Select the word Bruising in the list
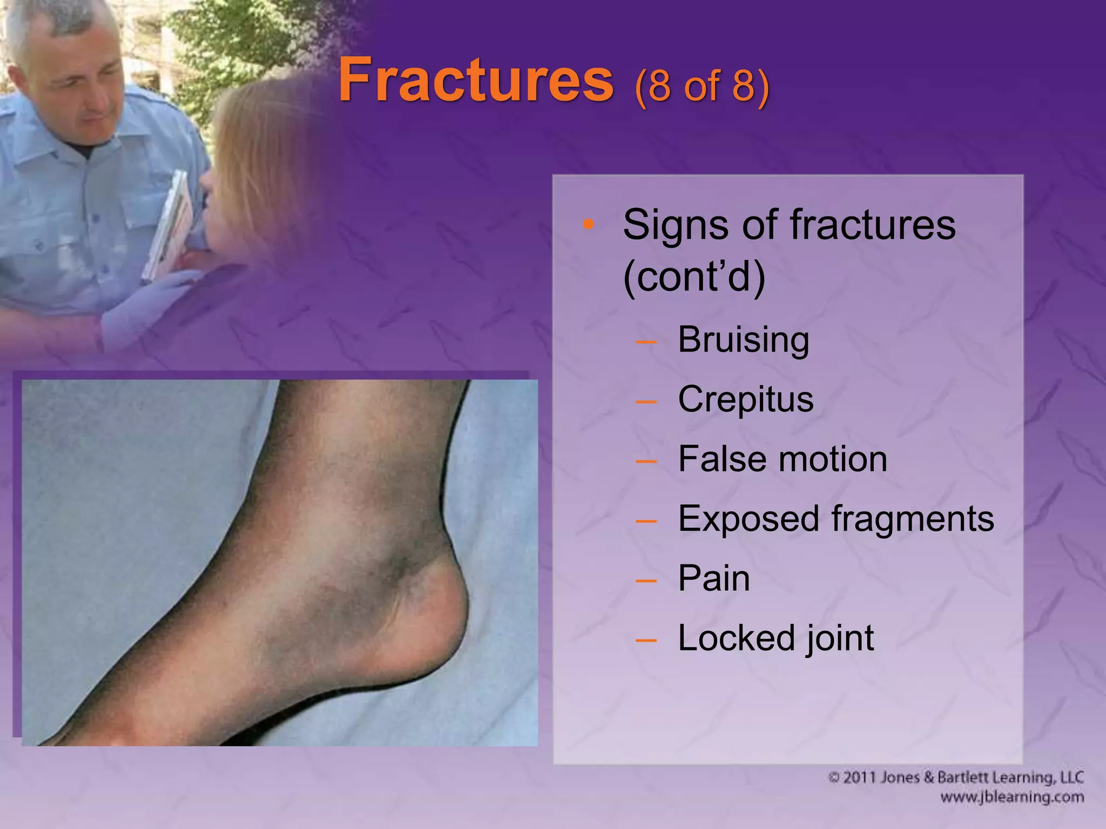743,339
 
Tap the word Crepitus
745,399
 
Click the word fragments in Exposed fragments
912,519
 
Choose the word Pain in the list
713,578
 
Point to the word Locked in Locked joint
735,638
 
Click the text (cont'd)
694,276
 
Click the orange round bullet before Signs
589,223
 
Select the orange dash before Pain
646,581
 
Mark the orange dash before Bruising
646,342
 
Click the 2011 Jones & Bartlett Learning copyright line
955,778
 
